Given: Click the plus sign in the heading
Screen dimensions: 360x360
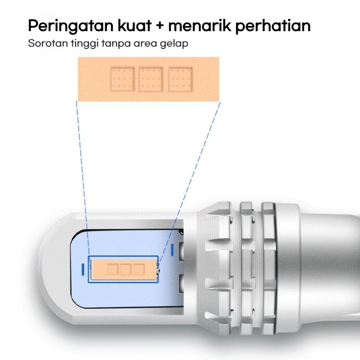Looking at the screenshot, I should point(160,26).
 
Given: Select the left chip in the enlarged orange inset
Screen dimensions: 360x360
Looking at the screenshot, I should point(122,79).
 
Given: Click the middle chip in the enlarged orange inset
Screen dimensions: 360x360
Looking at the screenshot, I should point(151,79).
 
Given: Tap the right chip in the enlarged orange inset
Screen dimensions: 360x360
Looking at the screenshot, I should point(180,79).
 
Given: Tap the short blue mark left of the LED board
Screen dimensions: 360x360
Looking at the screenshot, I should point(82,269).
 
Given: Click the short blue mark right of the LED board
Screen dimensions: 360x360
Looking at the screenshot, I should point(173,250).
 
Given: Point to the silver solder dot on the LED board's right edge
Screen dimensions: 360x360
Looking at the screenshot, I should point(158,270).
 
